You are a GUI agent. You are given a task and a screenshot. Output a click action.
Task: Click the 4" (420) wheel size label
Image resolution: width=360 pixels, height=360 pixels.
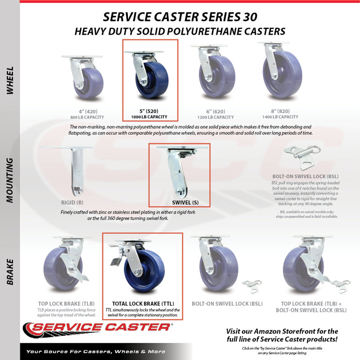pos(88,112)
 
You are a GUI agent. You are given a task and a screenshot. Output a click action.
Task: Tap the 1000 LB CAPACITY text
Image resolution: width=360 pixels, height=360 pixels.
pos(149,117)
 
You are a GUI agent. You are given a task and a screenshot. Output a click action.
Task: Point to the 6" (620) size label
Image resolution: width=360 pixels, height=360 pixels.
pos(216,112)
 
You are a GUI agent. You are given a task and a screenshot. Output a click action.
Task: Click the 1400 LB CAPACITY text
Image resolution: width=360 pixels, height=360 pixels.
pos(280,117)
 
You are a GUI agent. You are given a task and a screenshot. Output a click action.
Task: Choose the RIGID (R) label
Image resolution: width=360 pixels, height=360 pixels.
pos(72,202)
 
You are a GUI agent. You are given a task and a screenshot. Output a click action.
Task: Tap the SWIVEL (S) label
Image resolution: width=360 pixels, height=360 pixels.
pos(185,202)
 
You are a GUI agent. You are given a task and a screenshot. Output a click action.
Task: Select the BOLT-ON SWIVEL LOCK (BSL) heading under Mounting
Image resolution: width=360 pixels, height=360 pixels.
pos(306,176)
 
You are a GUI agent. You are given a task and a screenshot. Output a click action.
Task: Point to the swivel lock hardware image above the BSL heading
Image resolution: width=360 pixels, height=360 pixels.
pos(302,157)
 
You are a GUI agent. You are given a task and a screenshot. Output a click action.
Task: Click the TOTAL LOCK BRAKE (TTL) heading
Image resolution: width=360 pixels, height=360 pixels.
pos(143,304)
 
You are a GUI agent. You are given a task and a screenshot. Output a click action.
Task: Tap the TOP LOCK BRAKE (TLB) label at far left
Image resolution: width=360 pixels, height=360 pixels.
pos(66,304)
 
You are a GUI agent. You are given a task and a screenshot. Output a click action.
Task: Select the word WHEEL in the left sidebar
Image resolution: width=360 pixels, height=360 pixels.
pos(10,81)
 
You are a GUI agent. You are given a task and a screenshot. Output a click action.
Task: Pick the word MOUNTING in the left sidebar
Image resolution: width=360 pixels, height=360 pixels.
pos(10,180)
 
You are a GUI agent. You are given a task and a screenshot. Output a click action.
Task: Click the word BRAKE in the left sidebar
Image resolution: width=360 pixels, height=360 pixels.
pos(10,272)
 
